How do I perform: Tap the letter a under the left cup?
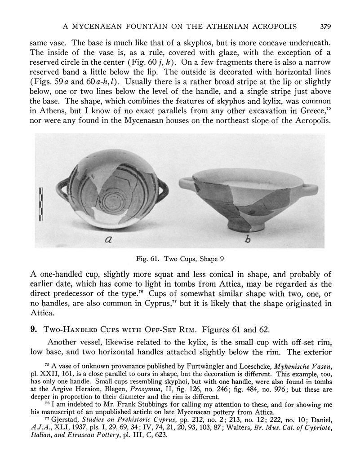[108, 240]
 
